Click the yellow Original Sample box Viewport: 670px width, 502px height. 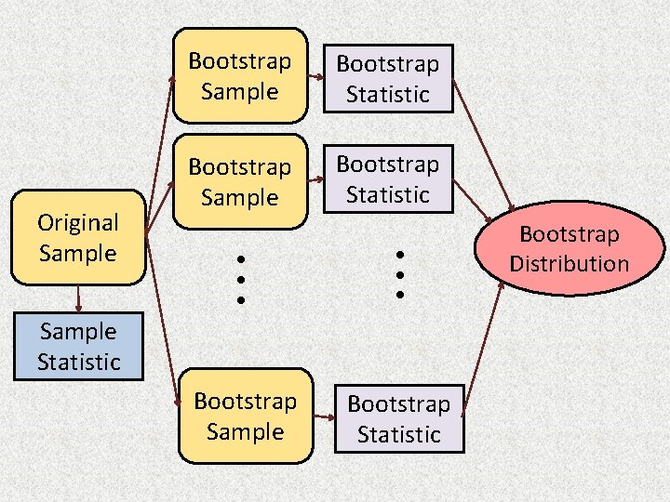[x=78, y=237]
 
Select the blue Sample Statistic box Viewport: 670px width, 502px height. [x=78, y=347]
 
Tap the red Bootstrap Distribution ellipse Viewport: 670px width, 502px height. [x=569, y=248]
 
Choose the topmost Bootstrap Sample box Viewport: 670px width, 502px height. [x=240, y=76]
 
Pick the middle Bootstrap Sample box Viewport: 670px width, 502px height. [x=240, y=182]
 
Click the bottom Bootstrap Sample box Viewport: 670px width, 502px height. [x=246, y=416]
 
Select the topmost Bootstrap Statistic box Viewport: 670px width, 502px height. [x=388, y=79]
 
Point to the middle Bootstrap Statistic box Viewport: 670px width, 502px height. [x=388, y=179]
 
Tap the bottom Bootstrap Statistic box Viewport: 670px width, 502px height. [x=399, y=419]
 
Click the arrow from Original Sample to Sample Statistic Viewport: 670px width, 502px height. [x=78, y=298]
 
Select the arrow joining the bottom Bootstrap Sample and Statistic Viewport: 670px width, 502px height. [x=323, y=418]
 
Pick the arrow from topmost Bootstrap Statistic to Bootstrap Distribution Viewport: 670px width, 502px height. [x=484, y=149]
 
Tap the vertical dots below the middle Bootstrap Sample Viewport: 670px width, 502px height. [x=240, y=279]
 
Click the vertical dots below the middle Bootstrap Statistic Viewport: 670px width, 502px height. [x=398, y=273]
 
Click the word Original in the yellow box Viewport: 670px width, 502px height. [x=78, y=223]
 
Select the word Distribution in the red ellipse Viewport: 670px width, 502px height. [x=569, y=263]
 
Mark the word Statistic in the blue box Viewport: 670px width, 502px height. [x=78, y=362]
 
